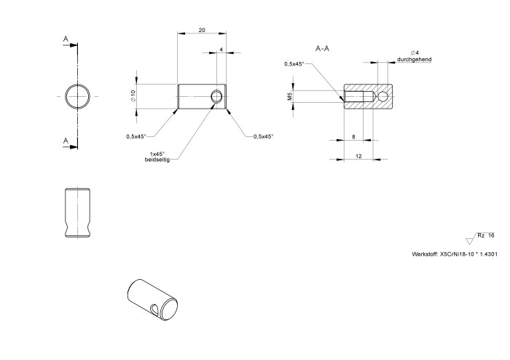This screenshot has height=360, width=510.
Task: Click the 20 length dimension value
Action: tap(202, 31)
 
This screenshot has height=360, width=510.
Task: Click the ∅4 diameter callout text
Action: tap(414, 52)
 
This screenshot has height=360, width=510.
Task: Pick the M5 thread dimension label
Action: tap(289, 96)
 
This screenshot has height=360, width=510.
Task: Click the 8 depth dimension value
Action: tap(353, 136)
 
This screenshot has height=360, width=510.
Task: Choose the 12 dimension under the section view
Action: tap(358, 155)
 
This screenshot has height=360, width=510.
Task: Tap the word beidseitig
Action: tap(157, 160)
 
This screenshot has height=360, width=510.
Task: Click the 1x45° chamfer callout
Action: tap(157, 153)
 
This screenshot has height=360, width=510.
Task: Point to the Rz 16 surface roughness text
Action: tap(485, 235)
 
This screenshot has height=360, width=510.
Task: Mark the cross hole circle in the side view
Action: tap(217, 96)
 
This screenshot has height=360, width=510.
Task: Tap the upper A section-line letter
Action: tap(66, 39)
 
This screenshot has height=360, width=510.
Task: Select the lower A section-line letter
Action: tap(66, 141)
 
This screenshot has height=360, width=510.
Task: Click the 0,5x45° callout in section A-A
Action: tap(295, 64)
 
